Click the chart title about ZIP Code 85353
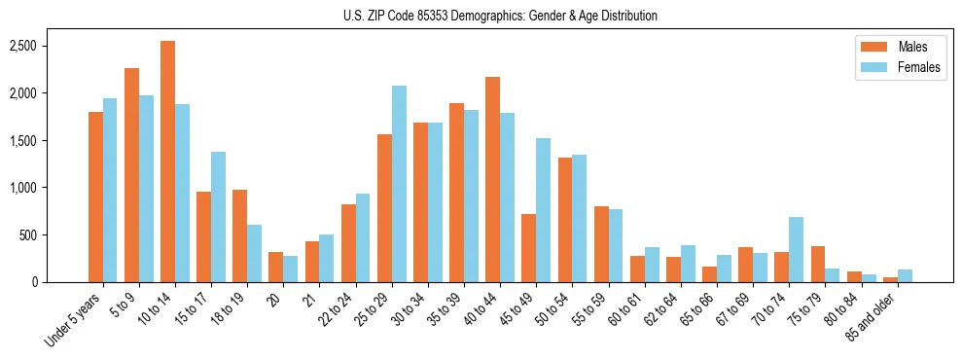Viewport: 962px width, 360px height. click(x=500, y=16)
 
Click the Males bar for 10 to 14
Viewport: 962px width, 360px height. click(x=167, y=162)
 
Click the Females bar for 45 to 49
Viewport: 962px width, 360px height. click(x=543, y=210)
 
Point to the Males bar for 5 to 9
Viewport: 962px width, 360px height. click(x=131, y=175)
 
